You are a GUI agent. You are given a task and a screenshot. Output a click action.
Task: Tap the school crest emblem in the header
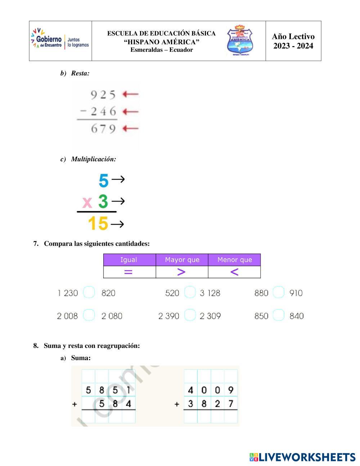click(240, 40)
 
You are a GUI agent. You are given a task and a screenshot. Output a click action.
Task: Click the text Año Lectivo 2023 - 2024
click(293, 41)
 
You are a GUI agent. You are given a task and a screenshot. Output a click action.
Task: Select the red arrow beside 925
click(130, 94)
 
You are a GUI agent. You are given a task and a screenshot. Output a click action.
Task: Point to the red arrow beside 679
click(130, 128)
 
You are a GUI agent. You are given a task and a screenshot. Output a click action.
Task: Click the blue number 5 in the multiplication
click(103, 180)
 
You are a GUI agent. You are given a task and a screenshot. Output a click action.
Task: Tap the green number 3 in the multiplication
click(103, 201)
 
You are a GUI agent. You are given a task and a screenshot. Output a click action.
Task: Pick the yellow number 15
click(98, 223)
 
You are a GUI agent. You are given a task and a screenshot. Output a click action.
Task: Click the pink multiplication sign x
click(87, 202)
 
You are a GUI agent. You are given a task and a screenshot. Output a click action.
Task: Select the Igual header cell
click(129, 260)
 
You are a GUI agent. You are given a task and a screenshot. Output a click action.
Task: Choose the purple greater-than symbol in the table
click(181, 272)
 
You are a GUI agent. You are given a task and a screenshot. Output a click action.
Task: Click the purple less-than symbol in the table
click(234, 272)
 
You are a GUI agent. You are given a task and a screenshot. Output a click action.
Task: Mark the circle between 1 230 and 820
click(89, 292)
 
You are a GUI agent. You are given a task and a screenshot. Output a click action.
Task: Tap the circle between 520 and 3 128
click(190, 292)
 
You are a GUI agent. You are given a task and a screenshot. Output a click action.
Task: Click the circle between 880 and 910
click(278, 292)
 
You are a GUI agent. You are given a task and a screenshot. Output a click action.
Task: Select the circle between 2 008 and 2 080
click(89, 315)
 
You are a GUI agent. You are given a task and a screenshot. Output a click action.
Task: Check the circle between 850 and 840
click(278, 315)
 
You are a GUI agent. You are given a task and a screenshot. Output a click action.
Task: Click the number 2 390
click(168, 316)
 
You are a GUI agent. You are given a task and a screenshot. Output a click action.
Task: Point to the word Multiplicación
click(93, 159)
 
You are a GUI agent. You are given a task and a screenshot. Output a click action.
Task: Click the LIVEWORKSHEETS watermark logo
click(302, 457)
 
